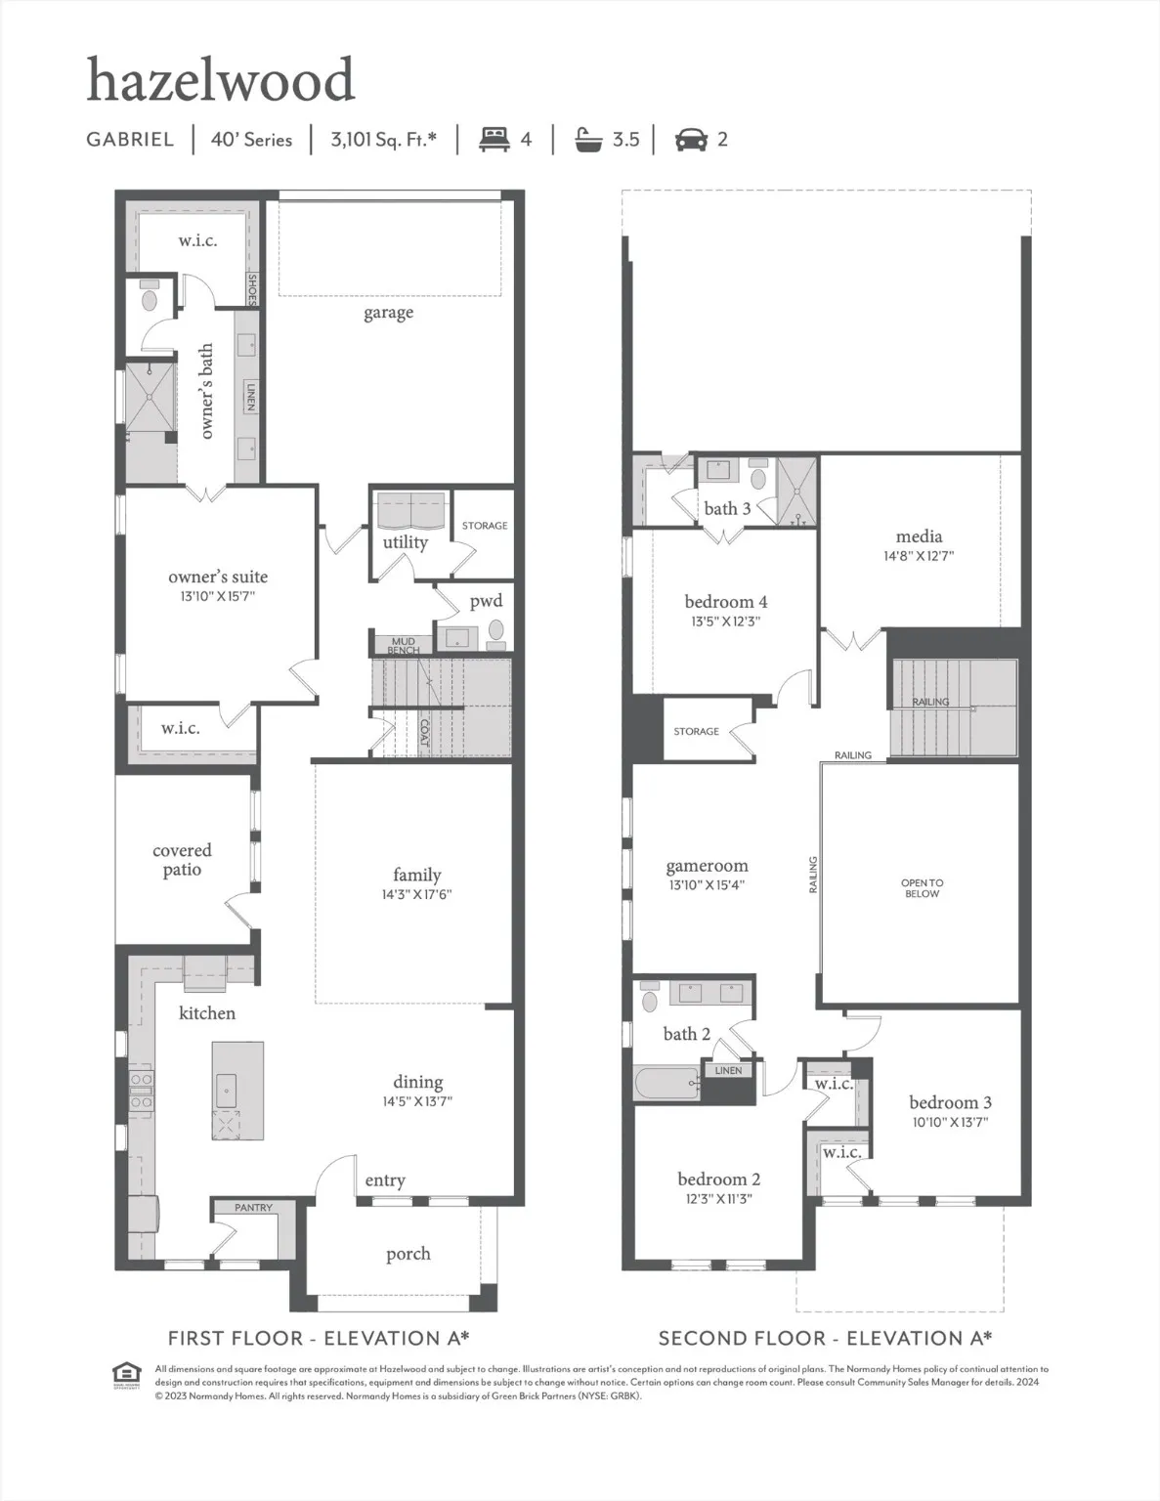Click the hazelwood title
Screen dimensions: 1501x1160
220,80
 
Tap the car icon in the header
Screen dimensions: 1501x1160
691,140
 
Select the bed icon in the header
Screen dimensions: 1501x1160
494,139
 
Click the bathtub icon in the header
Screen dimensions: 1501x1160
588,139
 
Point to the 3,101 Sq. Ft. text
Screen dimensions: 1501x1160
383,139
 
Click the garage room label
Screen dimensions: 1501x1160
388,313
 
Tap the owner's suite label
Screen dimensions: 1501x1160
217,577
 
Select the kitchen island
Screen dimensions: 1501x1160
237,1090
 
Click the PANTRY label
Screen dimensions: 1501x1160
253,1208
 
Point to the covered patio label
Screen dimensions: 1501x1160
182,860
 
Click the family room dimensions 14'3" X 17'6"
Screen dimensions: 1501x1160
416,894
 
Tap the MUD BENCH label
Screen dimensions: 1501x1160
403,646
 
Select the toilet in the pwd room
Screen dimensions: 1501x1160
496,630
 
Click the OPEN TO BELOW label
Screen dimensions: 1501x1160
922,887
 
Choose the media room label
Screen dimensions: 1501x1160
919,536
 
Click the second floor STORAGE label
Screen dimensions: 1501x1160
696,731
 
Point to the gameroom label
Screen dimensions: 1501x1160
707,866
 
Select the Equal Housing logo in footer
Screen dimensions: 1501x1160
127,1373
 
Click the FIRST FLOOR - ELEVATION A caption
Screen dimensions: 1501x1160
319,1338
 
